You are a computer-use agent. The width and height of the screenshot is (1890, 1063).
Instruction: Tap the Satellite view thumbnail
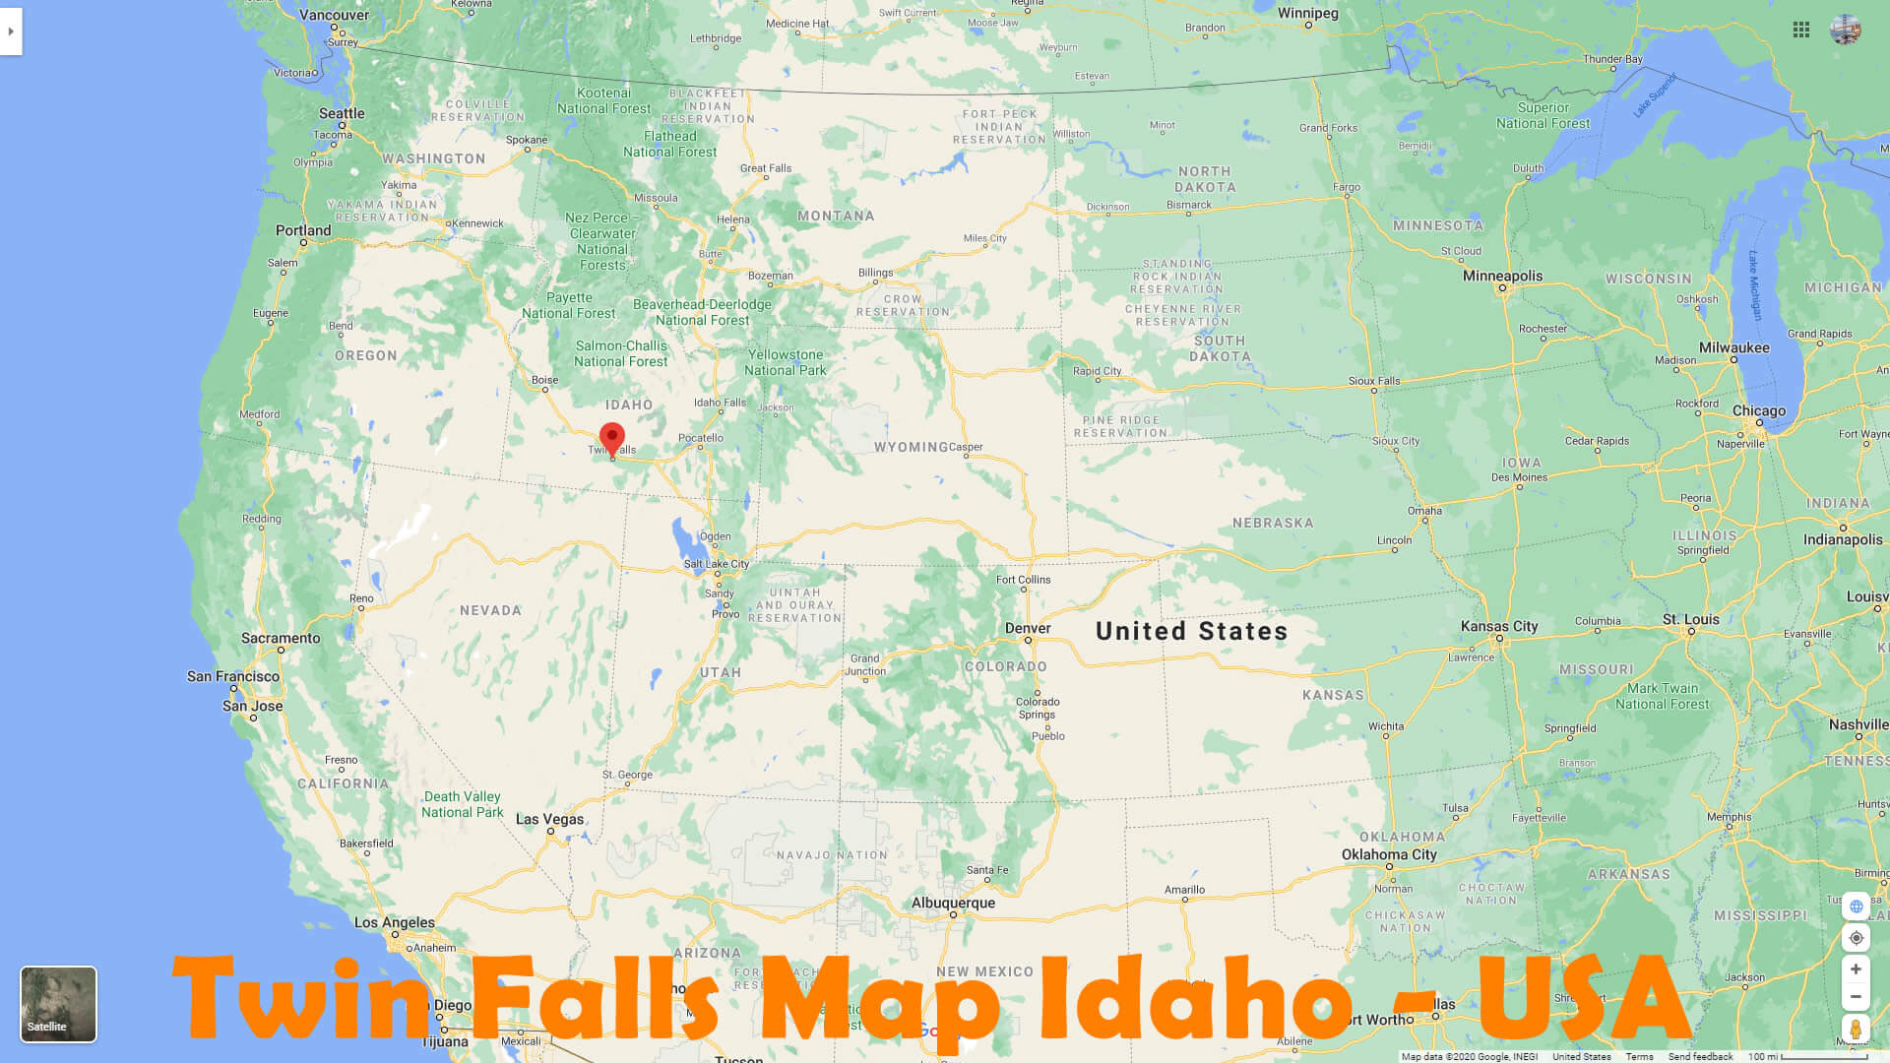click(x=58, y=1003)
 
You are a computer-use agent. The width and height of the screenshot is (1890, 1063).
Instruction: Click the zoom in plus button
click(x=1856, y=969)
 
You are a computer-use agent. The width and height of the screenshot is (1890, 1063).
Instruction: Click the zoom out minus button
click(x=1856, y=996)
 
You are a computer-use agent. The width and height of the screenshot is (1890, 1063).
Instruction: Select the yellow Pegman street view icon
click(x=1856, y=1030)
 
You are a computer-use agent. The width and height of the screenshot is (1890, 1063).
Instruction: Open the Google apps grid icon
click(x=1801, y=31)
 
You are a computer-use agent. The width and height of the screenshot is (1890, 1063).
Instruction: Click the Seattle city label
click(x=342, y=113)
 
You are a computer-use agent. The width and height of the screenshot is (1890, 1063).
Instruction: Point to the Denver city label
click(x=1028, y=628)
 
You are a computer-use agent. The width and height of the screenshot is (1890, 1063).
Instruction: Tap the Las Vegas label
click(x=549, y=819)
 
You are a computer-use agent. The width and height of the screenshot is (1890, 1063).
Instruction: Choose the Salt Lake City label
click(x=717, y=564)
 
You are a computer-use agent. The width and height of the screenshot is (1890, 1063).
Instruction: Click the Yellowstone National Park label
click(x=785, y=362)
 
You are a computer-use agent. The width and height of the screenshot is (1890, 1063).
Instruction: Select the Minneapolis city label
click(x=1502, y=276)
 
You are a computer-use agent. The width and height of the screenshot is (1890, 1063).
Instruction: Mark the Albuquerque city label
click(x=953, y=903)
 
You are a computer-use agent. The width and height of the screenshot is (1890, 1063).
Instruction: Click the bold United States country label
click(x=1191, y=631)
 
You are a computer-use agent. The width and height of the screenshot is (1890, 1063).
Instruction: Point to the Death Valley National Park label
click(x=462, y=804)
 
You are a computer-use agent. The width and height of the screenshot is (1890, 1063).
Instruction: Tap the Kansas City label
click(x=1498, y=626)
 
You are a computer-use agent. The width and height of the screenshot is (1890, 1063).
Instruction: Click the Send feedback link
click(x=1700, y=1056)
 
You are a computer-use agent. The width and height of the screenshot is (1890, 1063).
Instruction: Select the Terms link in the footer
click(x=1639, y=1056)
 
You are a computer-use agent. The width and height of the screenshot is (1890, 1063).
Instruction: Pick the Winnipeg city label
click(x=1307, y=14)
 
